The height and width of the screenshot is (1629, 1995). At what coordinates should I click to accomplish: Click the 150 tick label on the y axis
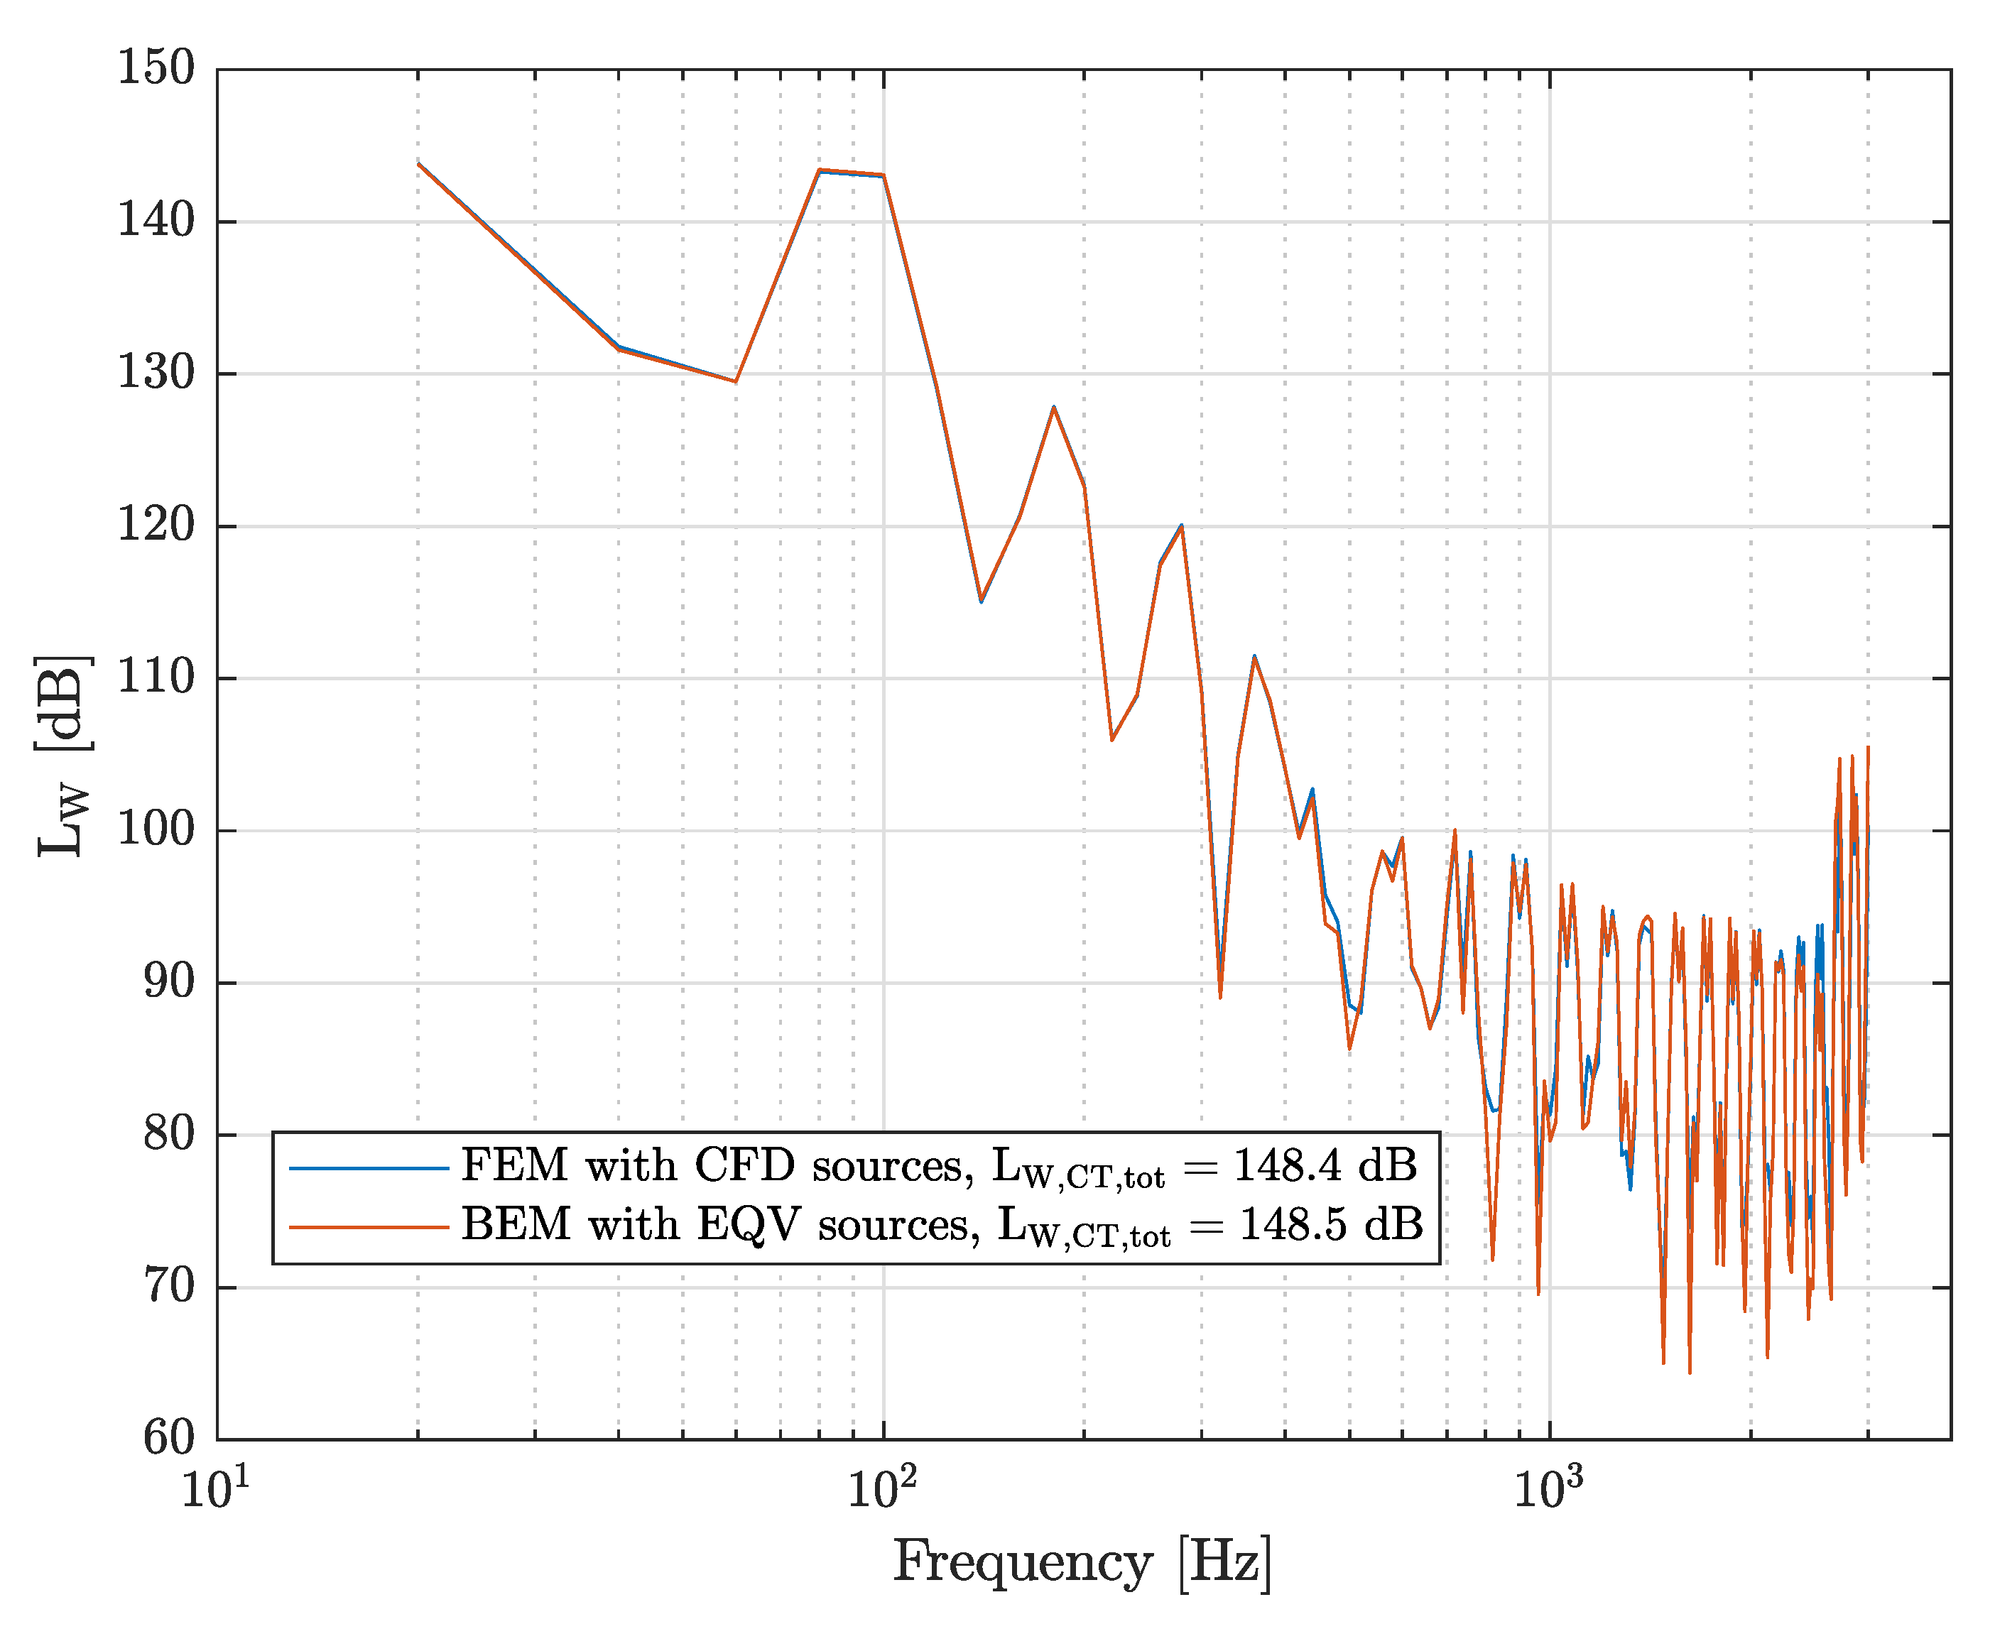pos(156,68)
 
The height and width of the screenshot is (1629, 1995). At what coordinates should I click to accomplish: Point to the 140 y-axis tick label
pos(156,222)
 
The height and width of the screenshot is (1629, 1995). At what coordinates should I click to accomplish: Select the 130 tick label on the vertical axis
pos(156,374)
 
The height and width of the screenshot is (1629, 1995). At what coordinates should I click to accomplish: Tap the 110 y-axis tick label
pos(156,677)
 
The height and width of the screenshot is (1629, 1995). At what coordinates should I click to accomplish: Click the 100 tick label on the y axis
pos(156,830)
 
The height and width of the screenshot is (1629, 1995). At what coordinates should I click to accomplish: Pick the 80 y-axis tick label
pos(169,1135)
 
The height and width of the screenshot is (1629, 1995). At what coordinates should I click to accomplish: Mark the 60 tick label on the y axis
pos(169,1439)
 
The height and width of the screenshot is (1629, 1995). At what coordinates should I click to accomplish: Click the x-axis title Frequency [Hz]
pos(1082,1564)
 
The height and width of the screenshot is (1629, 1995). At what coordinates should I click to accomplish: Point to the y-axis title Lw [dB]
pos(64,756)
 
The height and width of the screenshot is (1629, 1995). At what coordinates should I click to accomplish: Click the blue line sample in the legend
pos(369,1168)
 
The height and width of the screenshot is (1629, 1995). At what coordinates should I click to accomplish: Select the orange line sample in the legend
pos(369,1227)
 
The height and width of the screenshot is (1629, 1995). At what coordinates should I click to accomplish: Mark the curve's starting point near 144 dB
pos(418,163)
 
